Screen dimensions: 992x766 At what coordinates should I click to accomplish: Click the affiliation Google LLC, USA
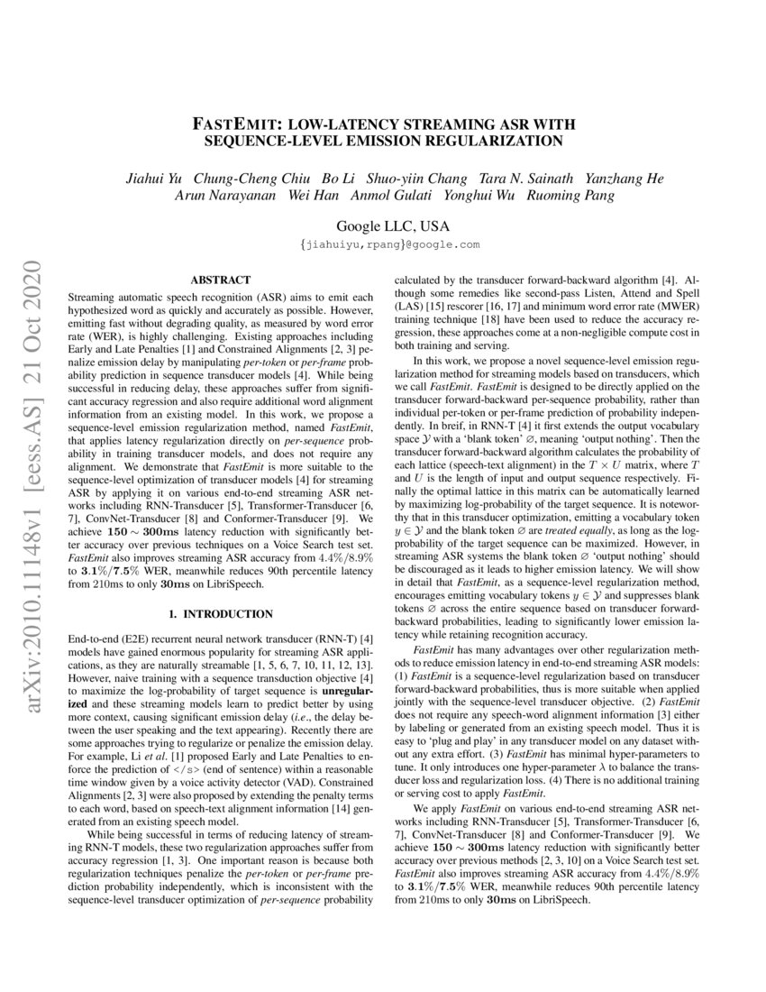click(x=392, y=225)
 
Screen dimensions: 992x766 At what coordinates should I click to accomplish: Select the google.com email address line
click(x=391, y=244)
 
